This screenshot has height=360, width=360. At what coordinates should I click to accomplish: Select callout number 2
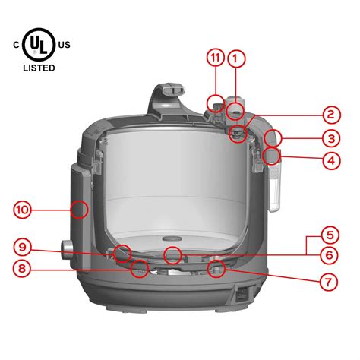pos(329,115)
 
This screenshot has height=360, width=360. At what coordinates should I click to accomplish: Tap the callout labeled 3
pos(329,139)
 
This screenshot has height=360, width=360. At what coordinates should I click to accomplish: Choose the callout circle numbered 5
pos(329,234)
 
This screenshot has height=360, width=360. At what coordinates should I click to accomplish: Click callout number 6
pos(329,256)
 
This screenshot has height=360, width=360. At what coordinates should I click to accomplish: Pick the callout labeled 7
pos(329,282)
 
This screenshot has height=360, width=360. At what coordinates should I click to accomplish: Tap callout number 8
pos(24,268)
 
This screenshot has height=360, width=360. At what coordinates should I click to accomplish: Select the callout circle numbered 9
pos(24,246)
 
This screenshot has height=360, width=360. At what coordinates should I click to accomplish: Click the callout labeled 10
pos(24,208)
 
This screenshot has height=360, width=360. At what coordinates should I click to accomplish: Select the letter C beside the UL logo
pos(15,45)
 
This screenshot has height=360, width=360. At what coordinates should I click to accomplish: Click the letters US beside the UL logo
pos(64,45)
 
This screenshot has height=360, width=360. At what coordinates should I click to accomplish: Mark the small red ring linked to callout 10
pos(79,208)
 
